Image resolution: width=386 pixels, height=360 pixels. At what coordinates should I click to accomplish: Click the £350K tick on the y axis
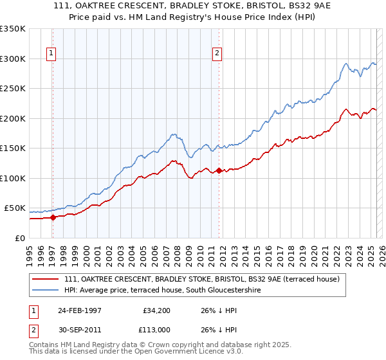[x=14, y=29]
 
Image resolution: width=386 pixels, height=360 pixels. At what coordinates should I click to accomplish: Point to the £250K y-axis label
[x=14, y=89]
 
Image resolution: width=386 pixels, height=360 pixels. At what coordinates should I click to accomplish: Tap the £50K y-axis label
[x=15, y=208]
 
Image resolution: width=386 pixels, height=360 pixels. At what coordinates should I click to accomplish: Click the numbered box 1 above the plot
[x=51, y=53]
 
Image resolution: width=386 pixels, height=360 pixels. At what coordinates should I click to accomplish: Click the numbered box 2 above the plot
[x=217, y=53]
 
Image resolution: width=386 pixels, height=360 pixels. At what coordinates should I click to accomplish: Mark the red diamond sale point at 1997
[x=54, y=217]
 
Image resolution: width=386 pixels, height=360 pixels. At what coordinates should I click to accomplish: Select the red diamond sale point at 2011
[x=219, y=170]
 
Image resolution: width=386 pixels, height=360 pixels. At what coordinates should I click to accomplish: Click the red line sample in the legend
[x=46, y=280]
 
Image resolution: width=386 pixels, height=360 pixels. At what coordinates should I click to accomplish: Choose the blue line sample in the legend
[x=46, y=290]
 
